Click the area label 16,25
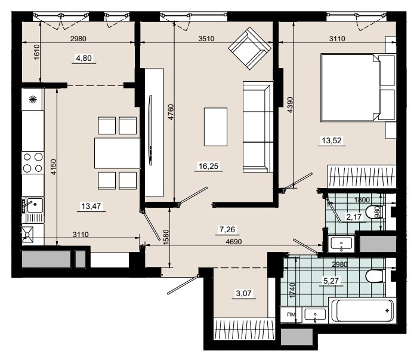click(x=209, y=167)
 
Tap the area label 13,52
click(x=332, y=140)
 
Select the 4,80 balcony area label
click(x=84, y=58)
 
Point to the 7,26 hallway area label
click(x=227, y=229)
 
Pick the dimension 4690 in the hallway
click(x=234, y=242)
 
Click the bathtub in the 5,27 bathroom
click(x=362, y=311)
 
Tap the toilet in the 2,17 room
click(x=374, y=213)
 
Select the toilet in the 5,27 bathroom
click(x=375, y=276)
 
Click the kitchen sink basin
click(x=35, y=205)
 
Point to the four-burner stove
click(x=33, y=162)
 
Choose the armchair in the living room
click(x=249, y=48)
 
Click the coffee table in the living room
click(x=215, y=127)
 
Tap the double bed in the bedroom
click(x=358, y=88)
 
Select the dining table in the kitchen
click(x=117, y=153)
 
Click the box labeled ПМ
click(x=291, y=315)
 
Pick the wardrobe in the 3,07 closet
click(x=244, y=329)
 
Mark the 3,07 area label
click(x=243, y=294)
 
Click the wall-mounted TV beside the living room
click(x=151, y=130)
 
